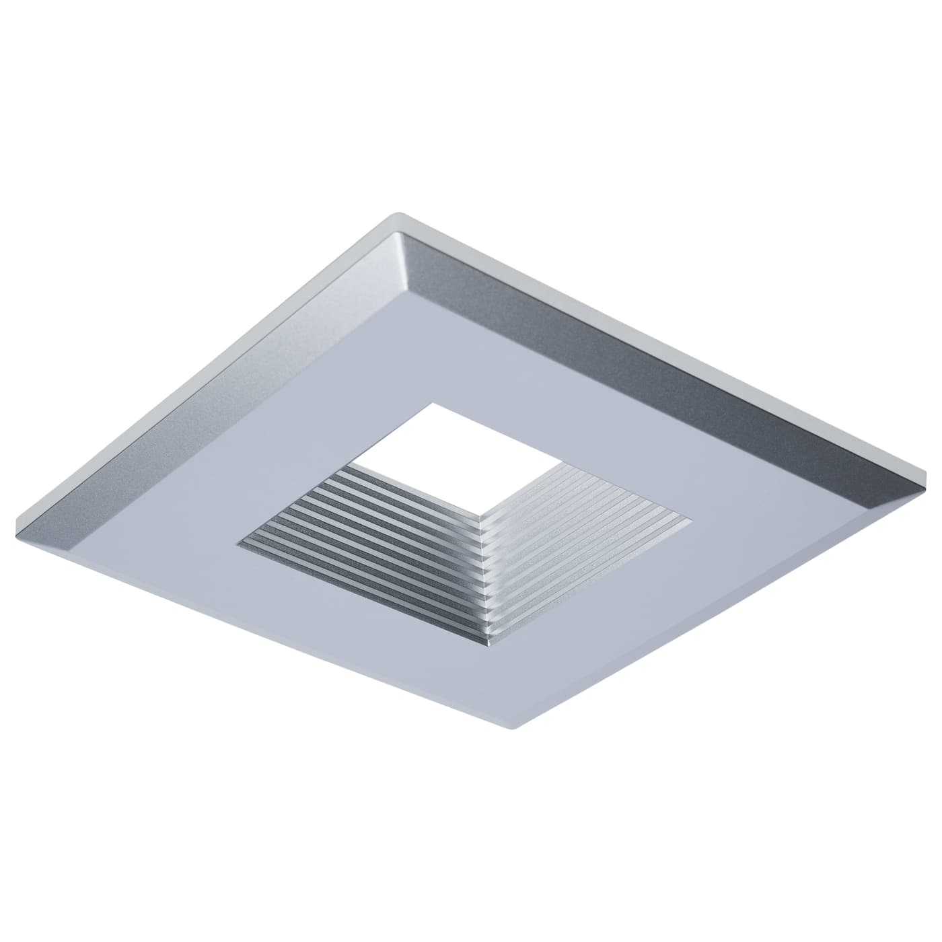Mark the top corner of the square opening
434,403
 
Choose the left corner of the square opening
235,539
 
